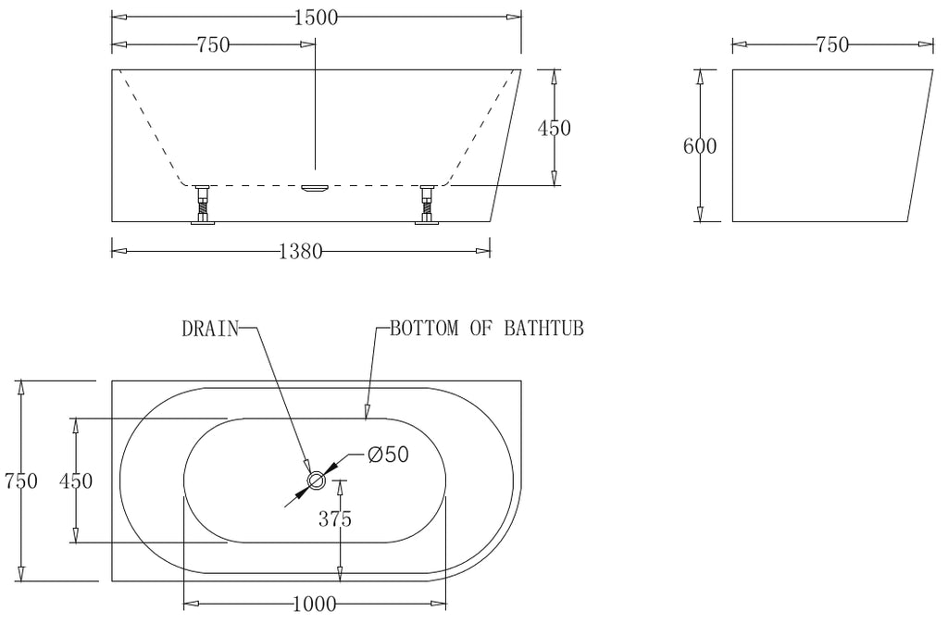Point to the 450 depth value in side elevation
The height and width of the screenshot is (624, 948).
click(x=554, y=128)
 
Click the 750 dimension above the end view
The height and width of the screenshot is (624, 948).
click(x=831, y=44)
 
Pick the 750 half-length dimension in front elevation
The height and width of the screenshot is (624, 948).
click(x=213, y=44)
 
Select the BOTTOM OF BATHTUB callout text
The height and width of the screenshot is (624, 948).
click(x=486, y=328)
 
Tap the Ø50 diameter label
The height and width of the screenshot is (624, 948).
click(x=388, y=455)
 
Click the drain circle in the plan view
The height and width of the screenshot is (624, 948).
click(x=317, y=480)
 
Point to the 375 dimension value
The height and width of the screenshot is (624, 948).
click(x=335, y=519)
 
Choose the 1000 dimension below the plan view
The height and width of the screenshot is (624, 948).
click(x=314, y=605)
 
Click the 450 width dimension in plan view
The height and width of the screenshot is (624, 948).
click(x=76, y=480)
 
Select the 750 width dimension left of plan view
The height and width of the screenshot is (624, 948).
click(x=20, y=480)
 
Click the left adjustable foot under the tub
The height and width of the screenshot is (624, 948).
click(x=202, y=205)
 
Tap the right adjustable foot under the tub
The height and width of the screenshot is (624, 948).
click(x=427, y=205)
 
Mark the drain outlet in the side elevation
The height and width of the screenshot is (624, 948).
click(x=315, y=188)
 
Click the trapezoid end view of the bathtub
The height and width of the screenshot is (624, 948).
click(x=824, y=145)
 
